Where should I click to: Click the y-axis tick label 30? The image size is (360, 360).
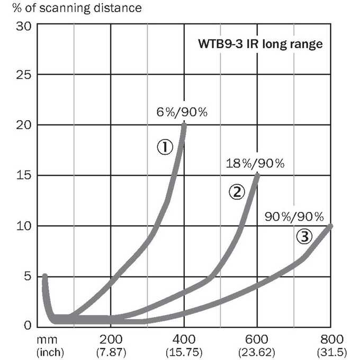[23, 26]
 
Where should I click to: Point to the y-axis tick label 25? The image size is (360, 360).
[23, 75]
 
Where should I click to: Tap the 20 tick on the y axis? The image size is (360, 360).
[23, 125]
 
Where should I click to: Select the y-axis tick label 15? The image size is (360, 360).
[24, 175]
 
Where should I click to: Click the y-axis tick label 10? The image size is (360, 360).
[24, 226]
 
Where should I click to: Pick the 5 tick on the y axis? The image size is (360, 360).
[28, 276]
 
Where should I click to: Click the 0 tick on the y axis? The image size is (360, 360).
[28, 326]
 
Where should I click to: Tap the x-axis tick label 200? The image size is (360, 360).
[111, 339]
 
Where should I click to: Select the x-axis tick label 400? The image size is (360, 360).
[184, 339]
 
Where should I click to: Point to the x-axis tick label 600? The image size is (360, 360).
[257, 339]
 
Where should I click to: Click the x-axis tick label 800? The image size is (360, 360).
[332, 339]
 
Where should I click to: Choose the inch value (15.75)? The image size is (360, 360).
[184, 352]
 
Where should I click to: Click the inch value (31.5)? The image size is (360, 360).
[332, 352]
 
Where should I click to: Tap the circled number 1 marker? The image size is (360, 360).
[165, 147]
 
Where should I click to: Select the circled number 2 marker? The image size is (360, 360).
[237, 192]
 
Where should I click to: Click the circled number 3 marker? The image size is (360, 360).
[304, 237]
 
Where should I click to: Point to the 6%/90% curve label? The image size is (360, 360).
[182, 112]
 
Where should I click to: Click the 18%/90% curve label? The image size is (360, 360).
[255, 164]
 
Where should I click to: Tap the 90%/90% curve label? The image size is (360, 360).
[294, 217]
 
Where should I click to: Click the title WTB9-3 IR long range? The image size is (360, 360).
[260, 44]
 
